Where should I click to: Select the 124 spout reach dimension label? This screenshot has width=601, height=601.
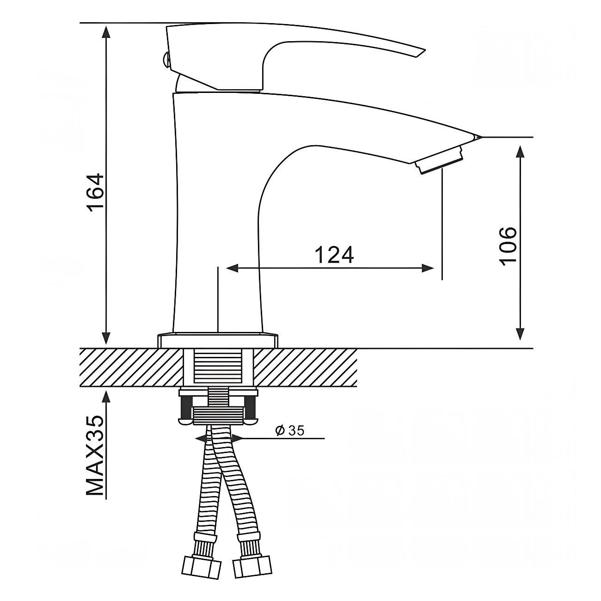[x=334, y=254]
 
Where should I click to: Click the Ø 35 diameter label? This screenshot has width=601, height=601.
[x=289, y=431]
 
